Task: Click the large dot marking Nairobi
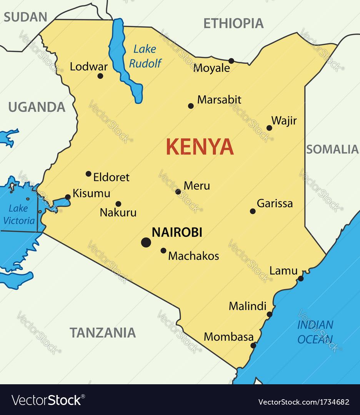tap(146, 242)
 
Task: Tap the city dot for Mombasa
tap(253, 345)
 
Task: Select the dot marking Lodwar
tap(100, 76)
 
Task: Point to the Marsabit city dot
tap(191, 106)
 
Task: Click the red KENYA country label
tap(200, 146)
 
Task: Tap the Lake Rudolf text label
tap(145, 56)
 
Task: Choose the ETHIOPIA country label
tap(233, 23)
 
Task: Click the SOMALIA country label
tap(332, 149)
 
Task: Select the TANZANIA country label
tap(103, 332)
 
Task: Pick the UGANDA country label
tap(37, 107)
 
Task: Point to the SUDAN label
tap(25, 17)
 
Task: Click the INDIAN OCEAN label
tap(315, 332)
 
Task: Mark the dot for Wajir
tap(269, 128)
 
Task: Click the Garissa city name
tap(275, 203)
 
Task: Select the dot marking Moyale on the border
tap(231, 61)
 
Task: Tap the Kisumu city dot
tap(68, 197)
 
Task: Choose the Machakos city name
tap(194, 256)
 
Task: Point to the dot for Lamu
tap(301, 278)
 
